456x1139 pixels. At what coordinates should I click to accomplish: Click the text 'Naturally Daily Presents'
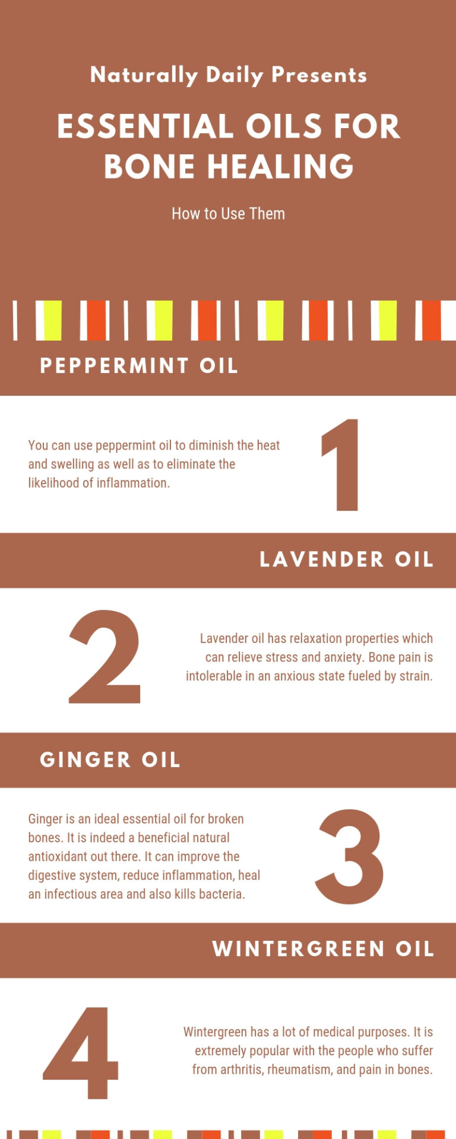coord(228,75)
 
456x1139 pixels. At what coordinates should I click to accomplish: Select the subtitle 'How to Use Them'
coord(228,214)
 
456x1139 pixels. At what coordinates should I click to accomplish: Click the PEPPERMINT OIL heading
coord(139,365)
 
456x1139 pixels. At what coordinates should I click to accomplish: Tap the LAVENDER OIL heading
coord(347,559)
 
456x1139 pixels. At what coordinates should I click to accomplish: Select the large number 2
coord(106,657)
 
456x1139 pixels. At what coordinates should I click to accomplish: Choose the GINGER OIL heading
coord(110,760)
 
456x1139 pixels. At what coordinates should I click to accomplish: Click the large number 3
coord(349,857)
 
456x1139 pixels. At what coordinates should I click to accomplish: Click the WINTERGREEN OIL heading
coord(323,949)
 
